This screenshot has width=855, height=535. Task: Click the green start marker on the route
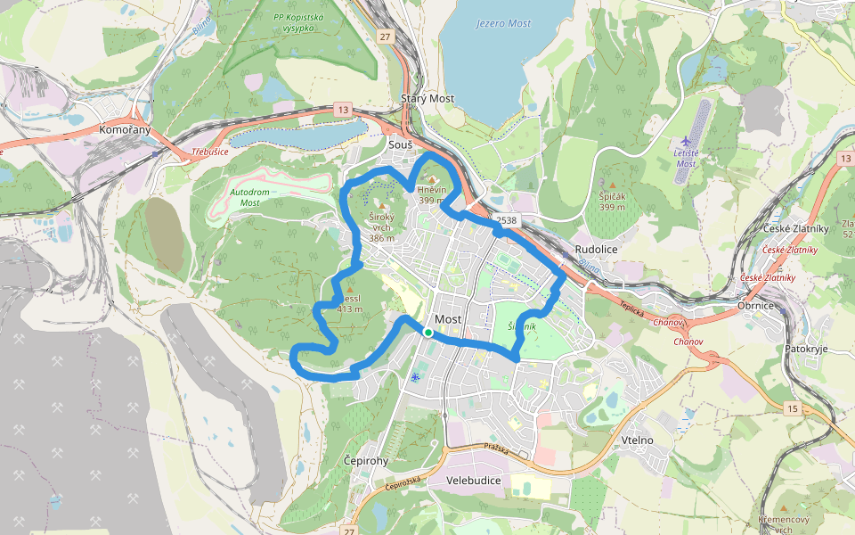point(427,333)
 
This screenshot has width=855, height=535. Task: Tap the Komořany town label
point(125,130)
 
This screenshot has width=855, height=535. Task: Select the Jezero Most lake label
point(503,23)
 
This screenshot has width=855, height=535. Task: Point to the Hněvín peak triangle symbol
point(433,180)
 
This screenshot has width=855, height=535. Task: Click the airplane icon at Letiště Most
point(685,141)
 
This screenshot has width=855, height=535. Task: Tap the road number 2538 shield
point(506,220)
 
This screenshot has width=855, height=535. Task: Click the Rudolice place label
point(597,250)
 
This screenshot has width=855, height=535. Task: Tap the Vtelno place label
point(638,440)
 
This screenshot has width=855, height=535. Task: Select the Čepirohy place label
point(366,460)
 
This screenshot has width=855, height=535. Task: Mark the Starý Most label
point(427,98)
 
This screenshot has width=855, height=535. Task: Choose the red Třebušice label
point(210,152)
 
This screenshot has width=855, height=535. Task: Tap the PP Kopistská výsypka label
point(298,22)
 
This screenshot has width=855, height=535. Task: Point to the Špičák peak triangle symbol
point(613,185)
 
